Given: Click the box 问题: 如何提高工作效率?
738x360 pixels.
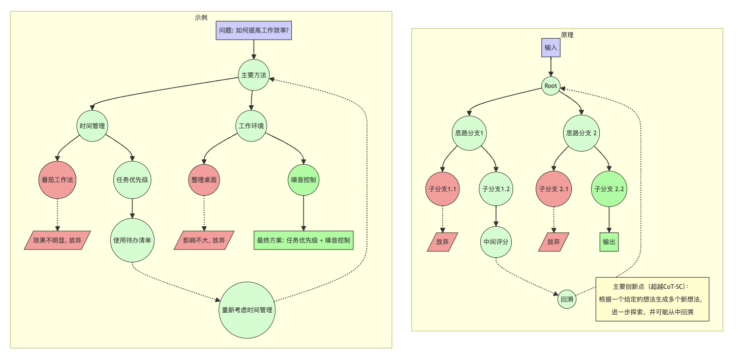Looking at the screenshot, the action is (x=254, y=31).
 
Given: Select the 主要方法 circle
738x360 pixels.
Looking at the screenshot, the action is (x=254, y=75).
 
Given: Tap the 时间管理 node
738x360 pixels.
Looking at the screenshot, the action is (x=93, y=126).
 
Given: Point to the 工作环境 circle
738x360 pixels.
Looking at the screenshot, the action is (x=252, y=126).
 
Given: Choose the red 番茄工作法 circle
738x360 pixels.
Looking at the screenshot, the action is (x=57, y=180).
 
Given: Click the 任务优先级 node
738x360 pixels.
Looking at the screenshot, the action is (x=133, y=180).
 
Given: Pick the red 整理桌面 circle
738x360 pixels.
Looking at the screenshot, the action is (x=204, y=180).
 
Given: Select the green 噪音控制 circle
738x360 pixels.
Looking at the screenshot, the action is (x=303, y=180).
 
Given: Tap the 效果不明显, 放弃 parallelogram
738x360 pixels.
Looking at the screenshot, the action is (x=57, y=241).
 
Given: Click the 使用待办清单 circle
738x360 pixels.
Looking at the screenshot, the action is (x=133, y=241).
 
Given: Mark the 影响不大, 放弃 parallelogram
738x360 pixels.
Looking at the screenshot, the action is (x=204, y=241).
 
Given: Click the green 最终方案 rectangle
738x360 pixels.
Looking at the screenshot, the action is (x=303, y=241).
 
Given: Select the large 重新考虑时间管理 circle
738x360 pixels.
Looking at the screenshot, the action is (x=247, y=310).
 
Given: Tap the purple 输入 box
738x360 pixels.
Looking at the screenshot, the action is (x=551, y=48).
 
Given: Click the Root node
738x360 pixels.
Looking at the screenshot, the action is (x=551, y=86).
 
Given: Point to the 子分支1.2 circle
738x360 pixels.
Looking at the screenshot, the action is (x=496, y=189).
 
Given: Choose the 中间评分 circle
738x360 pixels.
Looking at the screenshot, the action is (x=496, y=242).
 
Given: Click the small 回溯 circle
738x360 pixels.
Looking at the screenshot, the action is (x=567, y=299).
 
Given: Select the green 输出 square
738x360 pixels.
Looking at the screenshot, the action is (x=609, y=242).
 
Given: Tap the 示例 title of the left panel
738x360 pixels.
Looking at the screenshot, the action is (x=201, y=18).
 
